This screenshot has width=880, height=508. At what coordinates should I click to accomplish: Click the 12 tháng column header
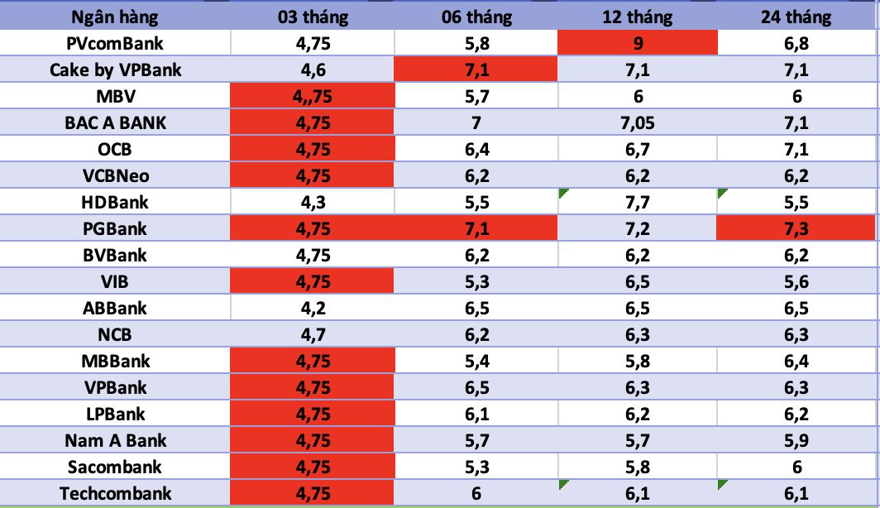[638, 17]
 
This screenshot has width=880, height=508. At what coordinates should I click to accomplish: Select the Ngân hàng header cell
[115, 17]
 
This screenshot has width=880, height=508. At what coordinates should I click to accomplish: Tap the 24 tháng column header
[796, 17]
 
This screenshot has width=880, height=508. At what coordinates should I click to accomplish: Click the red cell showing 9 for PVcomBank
[638, 43]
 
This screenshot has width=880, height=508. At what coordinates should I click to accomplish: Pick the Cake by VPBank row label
[115, 69]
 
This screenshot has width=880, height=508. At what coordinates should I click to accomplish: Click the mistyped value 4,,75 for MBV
[312, 96]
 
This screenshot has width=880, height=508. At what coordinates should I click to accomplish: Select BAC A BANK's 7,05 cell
[638, 122]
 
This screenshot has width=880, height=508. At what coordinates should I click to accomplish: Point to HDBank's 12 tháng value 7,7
[638, 202]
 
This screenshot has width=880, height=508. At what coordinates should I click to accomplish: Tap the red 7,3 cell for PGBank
[796, 228]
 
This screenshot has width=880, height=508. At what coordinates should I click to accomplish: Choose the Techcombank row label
[115, 493]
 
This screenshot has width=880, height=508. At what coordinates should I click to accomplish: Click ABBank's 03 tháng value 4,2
[312, 308]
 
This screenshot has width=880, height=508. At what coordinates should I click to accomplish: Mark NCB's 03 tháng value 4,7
[312, 334]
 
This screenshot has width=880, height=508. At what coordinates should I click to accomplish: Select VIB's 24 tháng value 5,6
[796, 281]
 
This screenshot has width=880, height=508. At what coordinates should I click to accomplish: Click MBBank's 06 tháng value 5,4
[477, 361]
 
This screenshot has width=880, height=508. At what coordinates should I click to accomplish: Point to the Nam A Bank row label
[115, 440]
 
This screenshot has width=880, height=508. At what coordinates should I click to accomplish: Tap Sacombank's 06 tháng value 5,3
[477, 467]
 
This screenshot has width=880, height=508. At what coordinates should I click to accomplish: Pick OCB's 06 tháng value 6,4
[477, 149]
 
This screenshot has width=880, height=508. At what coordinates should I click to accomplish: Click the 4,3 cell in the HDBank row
[312, 202]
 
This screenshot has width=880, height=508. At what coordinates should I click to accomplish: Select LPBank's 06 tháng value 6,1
[477, 414]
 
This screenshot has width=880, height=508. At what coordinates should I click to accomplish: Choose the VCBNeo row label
[115, 175]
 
